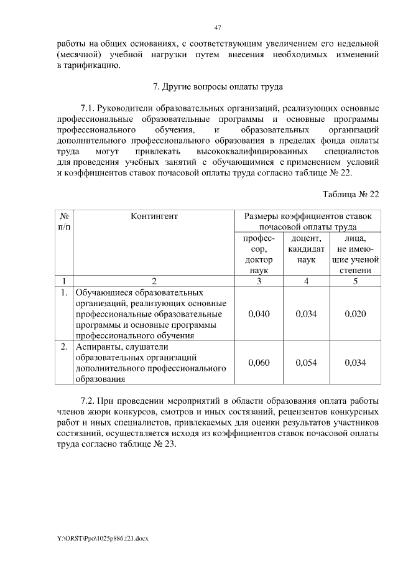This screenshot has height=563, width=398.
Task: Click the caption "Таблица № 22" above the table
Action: pos(350,193)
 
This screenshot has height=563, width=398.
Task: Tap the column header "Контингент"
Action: pos(154,216)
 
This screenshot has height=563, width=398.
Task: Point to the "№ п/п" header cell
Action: pos(64,221)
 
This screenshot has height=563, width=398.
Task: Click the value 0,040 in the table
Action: pos(259,314)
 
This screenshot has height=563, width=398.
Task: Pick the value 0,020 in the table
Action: pos(354,314)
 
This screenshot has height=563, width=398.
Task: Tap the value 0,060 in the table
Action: pos(259,363)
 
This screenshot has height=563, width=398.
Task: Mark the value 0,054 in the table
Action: pos(306,363)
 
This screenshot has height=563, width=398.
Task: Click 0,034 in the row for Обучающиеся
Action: pos(306,314)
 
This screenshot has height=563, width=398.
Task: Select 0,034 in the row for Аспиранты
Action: pos(354,363)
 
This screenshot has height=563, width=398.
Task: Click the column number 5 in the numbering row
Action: pos(354,281)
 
